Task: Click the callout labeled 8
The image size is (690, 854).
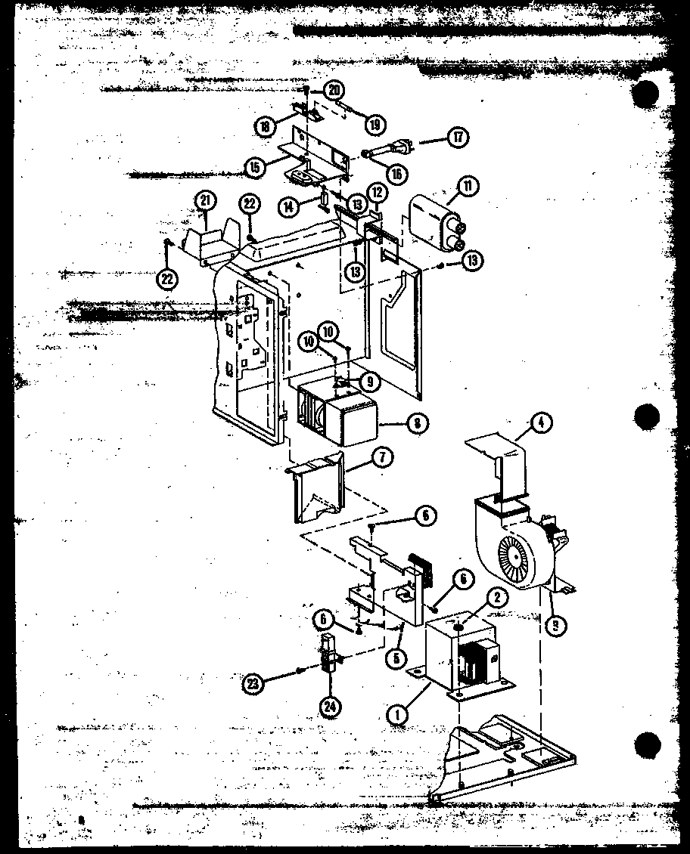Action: tap(415, 424)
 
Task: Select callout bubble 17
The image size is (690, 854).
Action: tap(458, 138)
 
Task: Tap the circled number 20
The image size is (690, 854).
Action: tap(334, 90)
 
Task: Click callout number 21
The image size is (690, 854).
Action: tap(204, 200)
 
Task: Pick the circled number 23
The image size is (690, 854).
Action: tap(252, 683)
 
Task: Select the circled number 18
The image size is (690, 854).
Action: tap(264, 127)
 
